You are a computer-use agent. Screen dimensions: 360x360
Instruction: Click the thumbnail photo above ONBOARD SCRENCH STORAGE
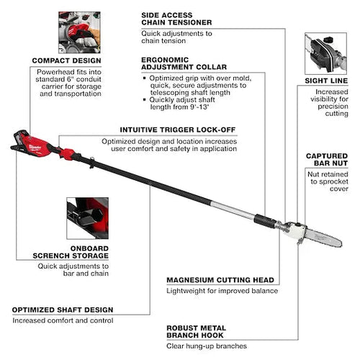point(87,218)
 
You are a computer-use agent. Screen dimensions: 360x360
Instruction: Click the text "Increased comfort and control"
point(63,320)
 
